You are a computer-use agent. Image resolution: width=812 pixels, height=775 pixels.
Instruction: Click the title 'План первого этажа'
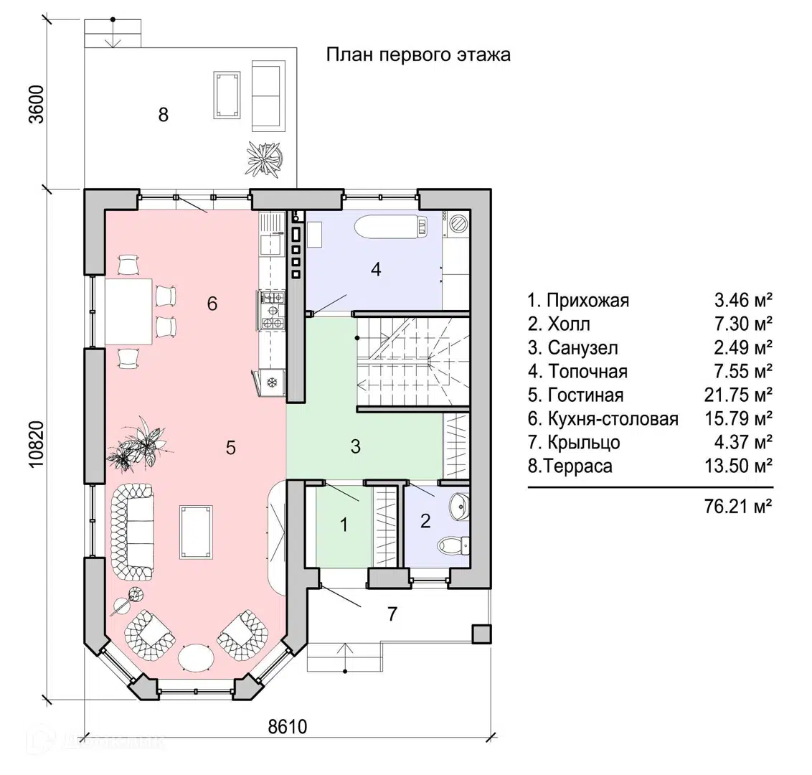coord(418,55)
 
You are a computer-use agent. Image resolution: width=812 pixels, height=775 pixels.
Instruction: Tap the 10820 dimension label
coord(37,444)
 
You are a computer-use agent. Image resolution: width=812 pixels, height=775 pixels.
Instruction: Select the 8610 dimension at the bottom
coord(287,727)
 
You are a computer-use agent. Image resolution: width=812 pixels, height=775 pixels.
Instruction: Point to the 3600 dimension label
coord(37,105)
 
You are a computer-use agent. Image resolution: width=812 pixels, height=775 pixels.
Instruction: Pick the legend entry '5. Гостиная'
coord(576,395)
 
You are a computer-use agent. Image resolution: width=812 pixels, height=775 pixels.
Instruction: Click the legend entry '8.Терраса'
coord(570,466)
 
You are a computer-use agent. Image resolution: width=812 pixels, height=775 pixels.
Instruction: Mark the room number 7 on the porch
coord(392,614)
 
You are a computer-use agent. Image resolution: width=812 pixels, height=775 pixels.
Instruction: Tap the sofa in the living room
coord(132,530)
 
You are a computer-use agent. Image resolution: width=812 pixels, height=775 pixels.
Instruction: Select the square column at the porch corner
coord(481,633)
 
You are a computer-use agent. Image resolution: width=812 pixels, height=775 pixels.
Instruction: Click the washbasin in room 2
coord(459,507)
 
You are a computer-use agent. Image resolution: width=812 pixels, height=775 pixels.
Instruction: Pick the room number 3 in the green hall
coord(356,446)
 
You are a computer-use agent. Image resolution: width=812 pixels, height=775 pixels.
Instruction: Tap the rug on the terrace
coord(227,94)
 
